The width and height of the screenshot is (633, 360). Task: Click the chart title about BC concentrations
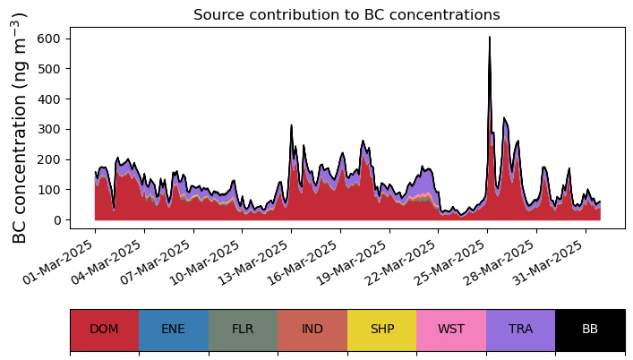click(x=346, y=14)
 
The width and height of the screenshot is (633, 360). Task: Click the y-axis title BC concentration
click(x=20, y=128)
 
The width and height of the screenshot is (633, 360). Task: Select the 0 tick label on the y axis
click(x=56, y=220)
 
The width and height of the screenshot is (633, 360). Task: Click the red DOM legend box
click(x=104, y=330)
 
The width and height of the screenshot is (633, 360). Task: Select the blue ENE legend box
click(x=174, y=330)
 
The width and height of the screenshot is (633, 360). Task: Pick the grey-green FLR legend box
click(x=243, y=330)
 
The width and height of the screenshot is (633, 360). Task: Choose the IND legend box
click(x=312, y=330)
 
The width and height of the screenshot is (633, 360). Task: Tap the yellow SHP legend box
click(x=382, y=330)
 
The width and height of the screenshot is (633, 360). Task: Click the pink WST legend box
click(x=451, y=330)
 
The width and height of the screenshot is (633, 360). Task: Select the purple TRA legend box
click(x=520, y=330)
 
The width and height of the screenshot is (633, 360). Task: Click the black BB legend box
click(x=590, y=330)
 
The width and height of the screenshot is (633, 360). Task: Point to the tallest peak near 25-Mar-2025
click(x=489, y=39)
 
